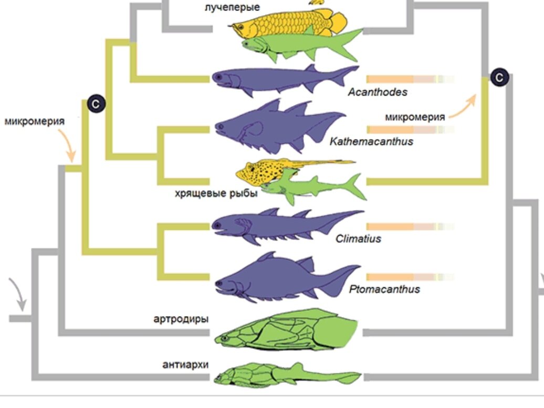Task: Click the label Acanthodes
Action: [378, 92]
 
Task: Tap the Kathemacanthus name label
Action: [371, 141]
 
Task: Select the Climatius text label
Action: [358, 239]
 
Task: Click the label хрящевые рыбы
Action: [216, 194]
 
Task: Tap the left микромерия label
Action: [35, 121]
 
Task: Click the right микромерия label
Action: [414, 117]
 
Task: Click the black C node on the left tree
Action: [96, 104]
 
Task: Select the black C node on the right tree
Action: [500, 78]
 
